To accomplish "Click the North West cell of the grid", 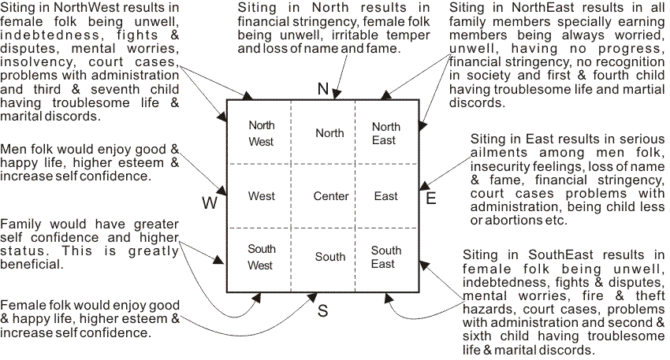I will (x=261, y=133).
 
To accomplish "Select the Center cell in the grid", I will (x=330, y=196).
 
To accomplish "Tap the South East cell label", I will (x=386, y=257).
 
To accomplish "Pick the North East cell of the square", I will (x=386, y=133).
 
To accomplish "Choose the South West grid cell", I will (x=261, y=257).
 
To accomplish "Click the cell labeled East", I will (x=386, y=196).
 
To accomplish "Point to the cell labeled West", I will (x=261, y=196).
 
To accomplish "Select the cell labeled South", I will (x=330, y=257).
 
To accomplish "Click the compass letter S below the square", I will (x=322, y=310).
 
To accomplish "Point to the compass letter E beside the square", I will (x=431, y=199).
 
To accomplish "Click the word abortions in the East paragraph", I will (x=510, y=221).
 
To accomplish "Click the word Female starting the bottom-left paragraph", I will (x=20, y=306).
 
